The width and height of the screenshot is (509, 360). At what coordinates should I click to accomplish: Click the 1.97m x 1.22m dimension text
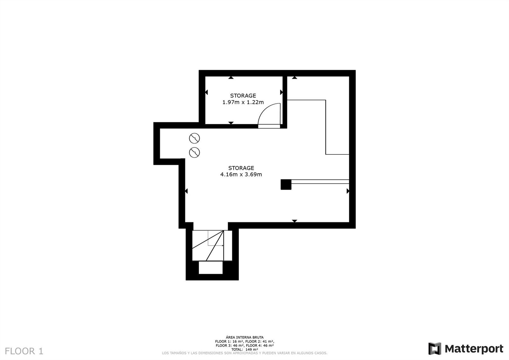(x=243, y=102)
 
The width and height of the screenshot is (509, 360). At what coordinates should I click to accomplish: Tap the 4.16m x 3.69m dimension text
(x=241, y=174)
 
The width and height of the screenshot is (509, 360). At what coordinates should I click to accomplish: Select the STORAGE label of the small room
(x=243, y=95)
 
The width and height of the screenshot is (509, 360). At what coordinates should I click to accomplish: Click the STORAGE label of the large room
(x=241, y=168)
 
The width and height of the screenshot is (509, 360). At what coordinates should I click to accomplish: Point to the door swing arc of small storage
(x=264, y=110)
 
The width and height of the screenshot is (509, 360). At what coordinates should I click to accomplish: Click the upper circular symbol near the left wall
(x=194, y=138)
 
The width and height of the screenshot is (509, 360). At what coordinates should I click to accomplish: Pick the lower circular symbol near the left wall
(x=194, y=152)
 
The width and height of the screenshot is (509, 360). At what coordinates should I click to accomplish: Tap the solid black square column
(x=286, y=184)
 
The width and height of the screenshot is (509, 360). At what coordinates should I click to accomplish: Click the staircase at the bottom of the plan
(x=212, y=246)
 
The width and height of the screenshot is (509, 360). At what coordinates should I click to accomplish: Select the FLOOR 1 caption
(x=24, y=351)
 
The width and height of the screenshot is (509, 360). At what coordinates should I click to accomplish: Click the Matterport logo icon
(x=435, y=349)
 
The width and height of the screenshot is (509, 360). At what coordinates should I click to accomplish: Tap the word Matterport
(x=474, y=349)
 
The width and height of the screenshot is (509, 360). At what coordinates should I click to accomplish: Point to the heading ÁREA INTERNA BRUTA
(x=245, y=337)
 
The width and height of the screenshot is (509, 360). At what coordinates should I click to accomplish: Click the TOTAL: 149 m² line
(x=245, y=349)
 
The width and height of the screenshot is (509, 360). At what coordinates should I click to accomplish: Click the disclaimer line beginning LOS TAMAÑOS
(x=245, y=353)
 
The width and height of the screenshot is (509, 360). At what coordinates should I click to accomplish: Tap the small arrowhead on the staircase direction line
(x=223, y=246)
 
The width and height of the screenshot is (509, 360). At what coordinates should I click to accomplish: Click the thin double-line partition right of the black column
(x=320, y=181)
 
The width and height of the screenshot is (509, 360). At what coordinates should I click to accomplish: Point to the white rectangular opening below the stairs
(x=211, y=267)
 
